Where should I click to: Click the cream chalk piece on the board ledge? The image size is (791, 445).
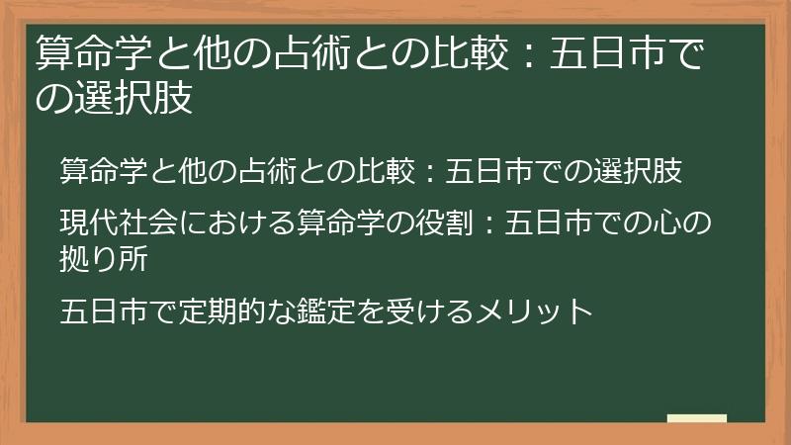tap(697, 418)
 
